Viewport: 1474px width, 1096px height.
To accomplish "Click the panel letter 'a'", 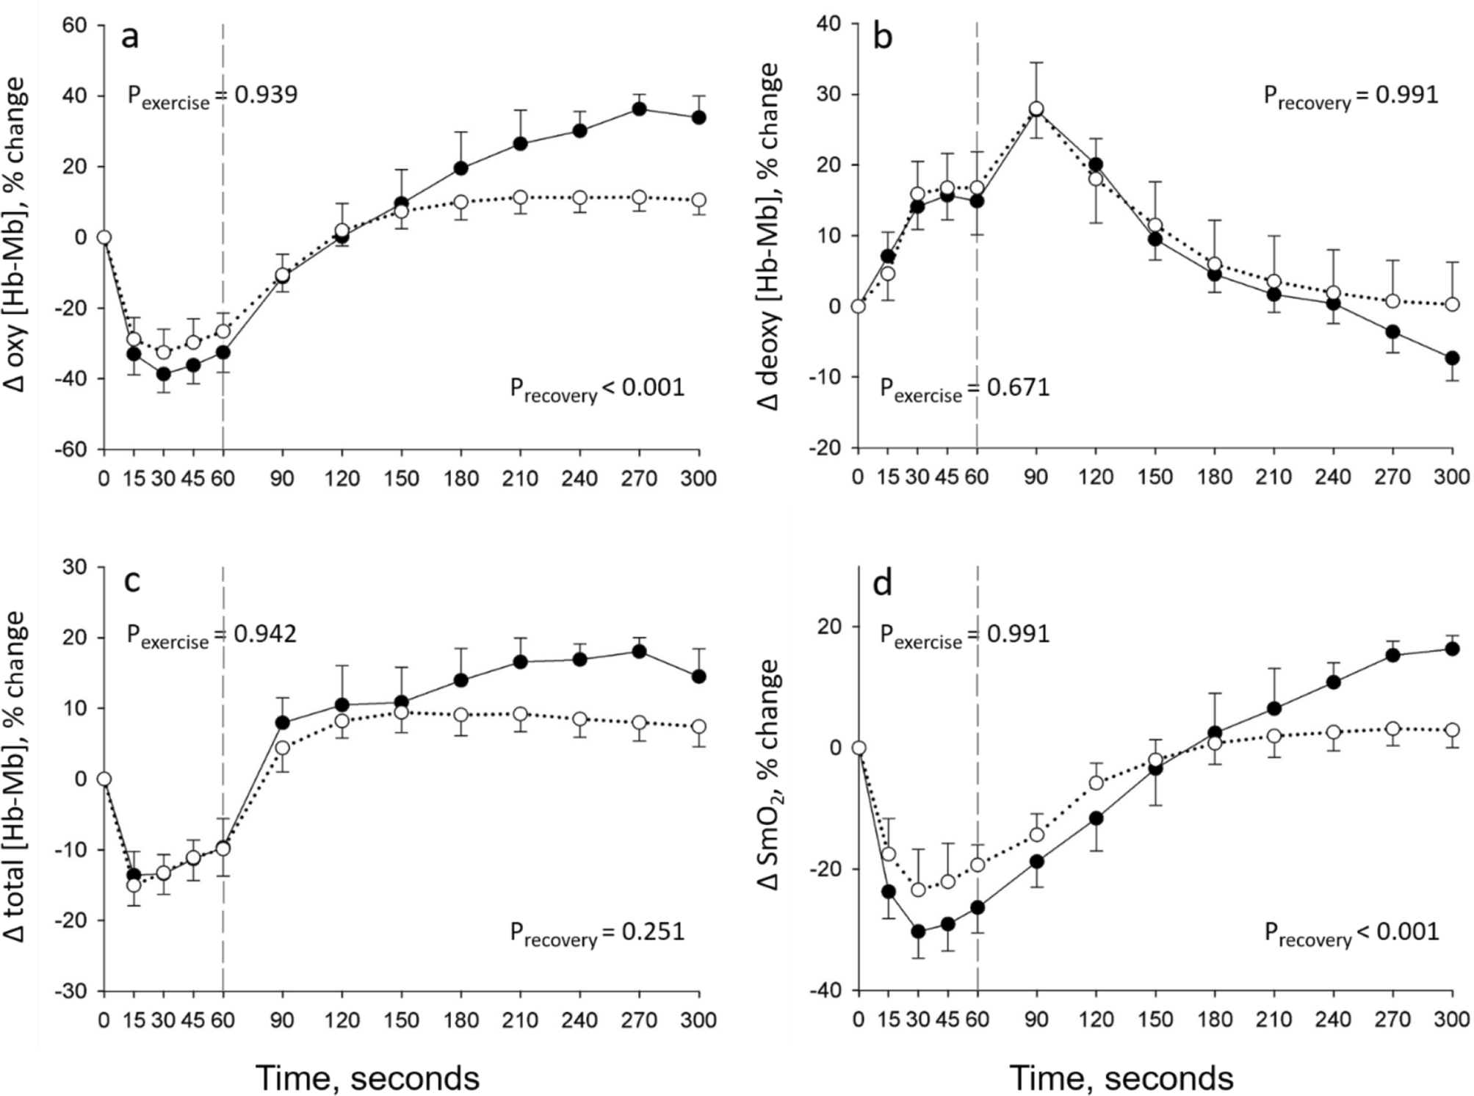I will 130,37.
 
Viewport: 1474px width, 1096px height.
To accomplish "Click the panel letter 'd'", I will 882,584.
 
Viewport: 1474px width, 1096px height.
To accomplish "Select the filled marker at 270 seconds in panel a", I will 639,109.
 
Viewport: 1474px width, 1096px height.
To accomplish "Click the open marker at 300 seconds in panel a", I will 698,200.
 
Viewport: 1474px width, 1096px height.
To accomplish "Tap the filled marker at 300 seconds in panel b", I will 1451,358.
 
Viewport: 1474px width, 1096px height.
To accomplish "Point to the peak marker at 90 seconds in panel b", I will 1036,109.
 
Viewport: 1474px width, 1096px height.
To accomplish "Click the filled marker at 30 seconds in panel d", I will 918,931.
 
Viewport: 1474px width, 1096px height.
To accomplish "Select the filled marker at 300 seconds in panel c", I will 698,676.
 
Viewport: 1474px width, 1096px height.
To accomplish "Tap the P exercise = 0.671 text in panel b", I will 964,388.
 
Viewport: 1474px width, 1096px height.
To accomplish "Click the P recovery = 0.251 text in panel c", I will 596,933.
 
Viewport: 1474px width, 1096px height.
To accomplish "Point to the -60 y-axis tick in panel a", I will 71,449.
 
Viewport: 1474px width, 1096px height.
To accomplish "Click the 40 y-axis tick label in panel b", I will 829,24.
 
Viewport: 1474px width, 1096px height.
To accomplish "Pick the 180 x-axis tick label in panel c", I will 461,1020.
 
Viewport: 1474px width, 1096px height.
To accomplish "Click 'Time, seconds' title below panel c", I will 367,1078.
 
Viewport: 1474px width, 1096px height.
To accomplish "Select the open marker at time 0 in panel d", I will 858,748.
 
